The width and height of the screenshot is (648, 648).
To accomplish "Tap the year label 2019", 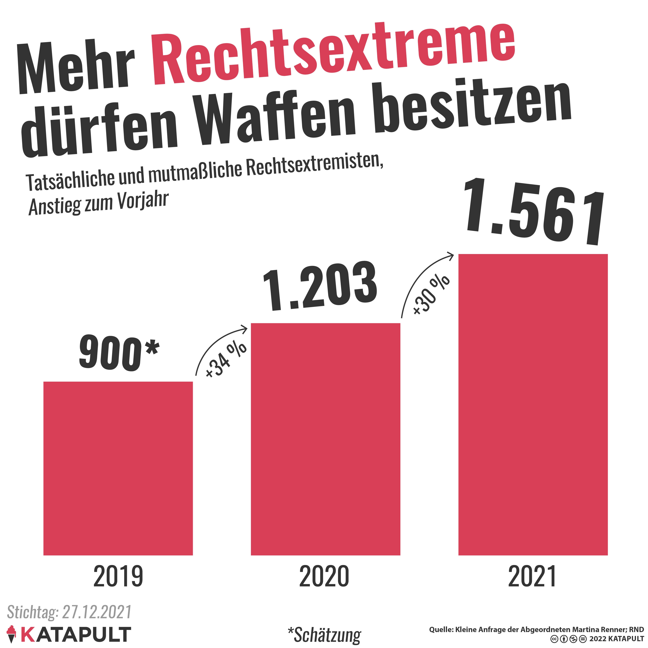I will click(118, 576).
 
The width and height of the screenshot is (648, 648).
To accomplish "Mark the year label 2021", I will click(532, 576).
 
